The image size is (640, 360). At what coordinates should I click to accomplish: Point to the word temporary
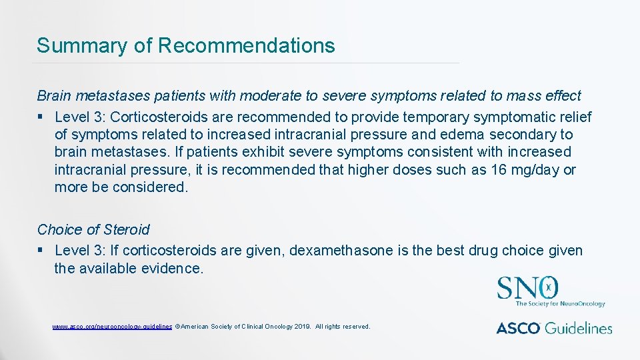431,117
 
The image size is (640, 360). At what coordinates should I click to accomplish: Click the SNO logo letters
527,288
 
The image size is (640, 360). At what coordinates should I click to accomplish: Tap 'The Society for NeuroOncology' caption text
560,304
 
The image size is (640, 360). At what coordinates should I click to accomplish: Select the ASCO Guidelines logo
553,327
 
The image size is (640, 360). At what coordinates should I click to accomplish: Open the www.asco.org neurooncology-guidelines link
112,327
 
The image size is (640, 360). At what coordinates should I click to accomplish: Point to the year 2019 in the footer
301,327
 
